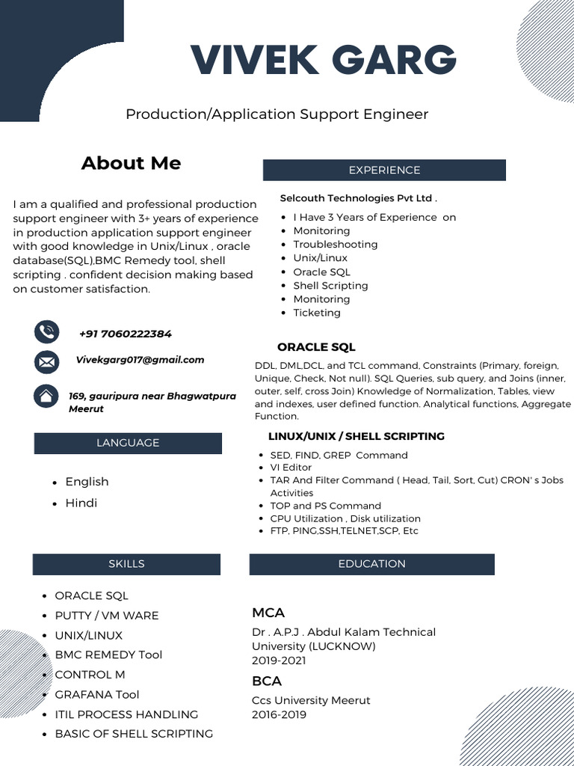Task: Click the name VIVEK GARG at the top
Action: pyautogui.click(x=323, y=60)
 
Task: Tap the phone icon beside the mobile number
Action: pyautogui.click(x=46, y=331)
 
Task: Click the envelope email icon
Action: pyautogui.click(x=46, y=362)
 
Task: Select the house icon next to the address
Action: pyautogui.click(x=46, y=396)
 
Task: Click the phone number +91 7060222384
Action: pyautogui.click(x=125, y=334)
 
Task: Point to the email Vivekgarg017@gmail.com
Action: pyautogui.click(x=140, y=360)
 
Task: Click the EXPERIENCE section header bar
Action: pyautogui.click(x=384, y=171)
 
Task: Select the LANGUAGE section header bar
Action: pyautogui.click(x=128, y=443)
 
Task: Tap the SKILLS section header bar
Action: pyautogui.click(x=126, y=564)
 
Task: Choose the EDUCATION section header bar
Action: pyautogui.click(x=371, y=564)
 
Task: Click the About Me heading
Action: pyautogui.click(x=131, y=163)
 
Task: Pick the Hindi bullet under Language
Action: pyautogui.click(x=81, y=503)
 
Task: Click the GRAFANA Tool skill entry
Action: pyautogui.click(x=97, y=694)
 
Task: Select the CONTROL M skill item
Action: pyautogui.click(x=90, y=675)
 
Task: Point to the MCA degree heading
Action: pyautogui.click(x=268, y=613)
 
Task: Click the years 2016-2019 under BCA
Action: pyautogui.click(x=279, y=714)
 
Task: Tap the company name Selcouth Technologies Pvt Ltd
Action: pyautogui.click(x=357, y=198)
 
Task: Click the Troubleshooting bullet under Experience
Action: pyautogui.click(x=335, y=245)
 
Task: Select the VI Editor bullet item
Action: pyautogui.click(x=291, y=468)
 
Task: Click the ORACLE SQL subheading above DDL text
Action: pyautogui.click(x=316, y=347)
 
